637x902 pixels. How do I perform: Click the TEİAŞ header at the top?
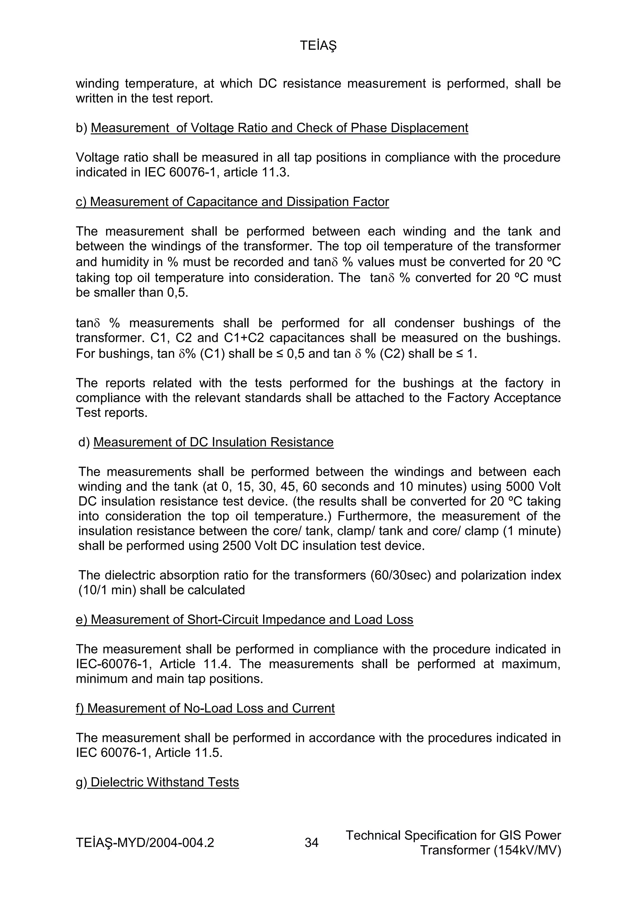click(318, 46)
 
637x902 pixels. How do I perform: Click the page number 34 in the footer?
click(312, 843)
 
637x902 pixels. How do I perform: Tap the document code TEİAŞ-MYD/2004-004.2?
click(145, 843)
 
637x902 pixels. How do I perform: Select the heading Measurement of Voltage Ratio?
click(279, 128)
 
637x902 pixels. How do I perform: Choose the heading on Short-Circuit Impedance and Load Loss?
click(244, 620)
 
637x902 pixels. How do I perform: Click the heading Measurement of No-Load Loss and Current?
click(205, 708)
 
